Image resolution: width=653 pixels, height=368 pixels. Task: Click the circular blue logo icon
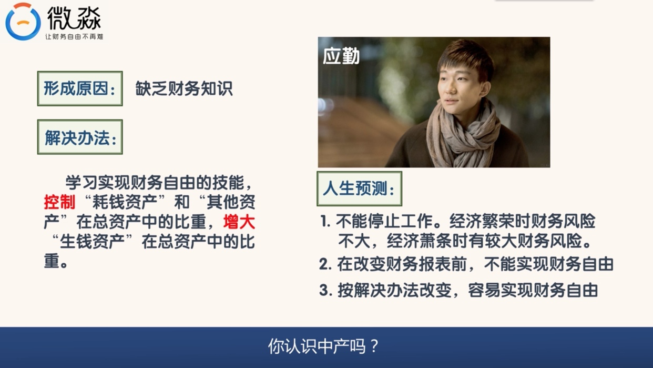[23, 22]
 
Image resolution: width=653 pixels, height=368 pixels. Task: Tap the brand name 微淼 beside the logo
[74, 18]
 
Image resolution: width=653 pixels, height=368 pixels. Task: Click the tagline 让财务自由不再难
[74, 37]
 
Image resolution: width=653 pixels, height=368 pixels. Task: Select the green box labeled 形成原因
[80, 88]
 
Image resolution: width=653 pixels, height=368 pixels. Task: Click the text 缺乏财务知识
[184, 88]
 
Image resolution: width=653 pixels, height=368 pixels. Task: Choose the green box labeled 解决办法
[80, 137]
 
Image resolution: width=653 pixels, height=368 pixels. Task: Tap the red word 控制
[59, 202]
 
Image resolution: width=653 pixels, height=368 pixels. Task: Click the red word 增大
[239, 222]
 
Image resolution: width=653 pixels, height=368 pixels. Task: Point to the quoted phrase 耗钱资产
[125, 202]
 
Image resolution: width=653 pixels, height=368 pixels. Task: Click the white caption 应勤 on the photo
[341, 56]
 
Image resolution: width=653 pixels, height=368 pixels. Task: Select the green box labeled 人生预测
[360, 189]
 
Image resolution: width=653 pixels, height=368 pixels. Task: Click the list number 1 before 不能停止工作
[325, 222]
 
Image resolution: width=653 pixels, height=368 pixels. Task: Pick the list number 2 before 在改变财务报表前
[325, 264]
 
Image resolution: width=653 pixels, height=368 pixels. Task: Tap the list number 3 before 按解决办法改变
[325, 291]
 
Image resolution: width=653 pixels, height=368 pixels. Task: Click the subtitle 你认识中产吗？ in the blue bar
[323, 346]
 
